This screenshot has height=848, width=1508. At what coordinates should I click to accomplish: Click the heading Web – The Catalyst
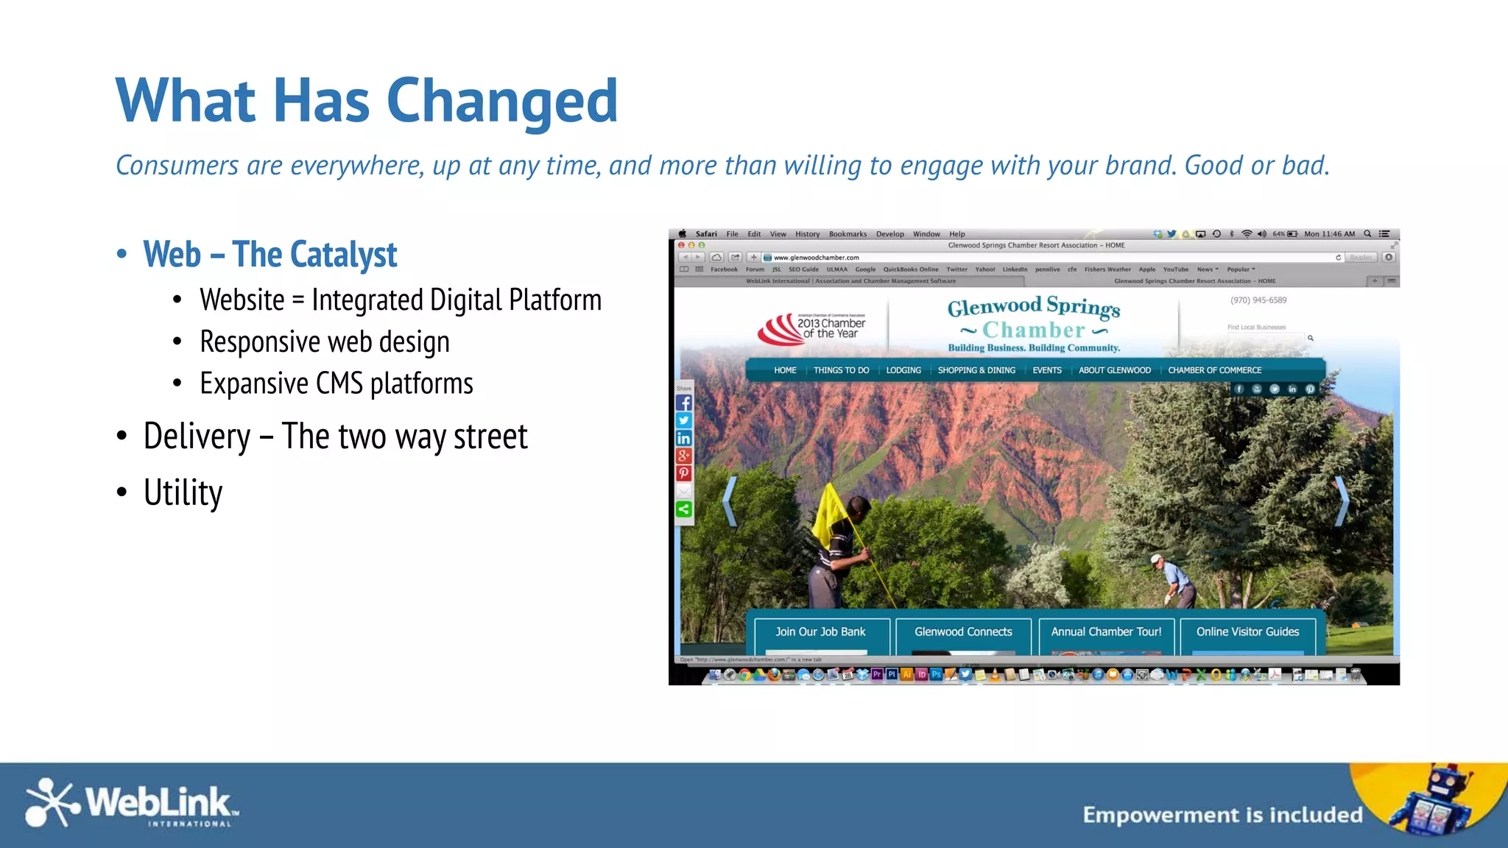pyautogui.click(x=269, y=255)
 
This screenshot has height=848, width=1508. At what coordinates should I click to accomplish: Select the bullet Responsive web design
pyautogui.click(x=324, y=342)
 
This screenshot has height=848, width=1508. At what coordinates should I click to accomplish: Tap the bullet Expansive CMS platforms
pyautogui.click(x=336, y=384)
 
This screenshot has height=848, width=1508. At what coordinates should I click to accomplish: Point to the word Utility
pyautogui.click(x=183, y=492)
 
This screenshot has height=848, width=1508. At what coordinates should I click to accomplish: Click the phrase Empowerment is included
pyautogui.click(x=1222, y=815)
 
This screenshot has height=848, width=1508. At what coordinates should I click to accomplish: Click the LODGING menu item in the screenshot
pyautogui.click(x=903, y=370)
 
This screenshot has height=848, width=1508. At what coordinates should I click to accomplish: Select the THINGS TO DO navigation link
pyautogui.click(x=841, y=370)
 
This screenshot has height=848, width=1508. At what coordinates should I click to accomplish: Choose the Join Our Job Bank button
pyautogui.click(x=820, y=632)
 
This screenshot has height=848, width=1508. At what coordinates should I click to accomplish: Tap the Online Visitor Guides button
pyautogui.click(x=1247, y=632)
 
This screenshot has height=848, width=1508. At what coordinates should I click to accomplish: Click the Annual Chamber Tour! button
pyautogui.click(x=1106, y=632)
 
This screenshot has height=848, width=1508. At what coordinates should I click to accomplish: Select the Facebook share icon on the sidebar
pyautogui.click(x=684, y=403)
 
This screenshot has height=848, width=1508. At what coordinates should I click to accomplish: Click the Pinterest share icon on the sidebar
pyautogui.click(x=684, y=473)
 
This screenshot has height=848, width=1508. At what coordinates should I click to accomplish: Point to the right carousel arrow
pyautogui.click(x=1342, y=501)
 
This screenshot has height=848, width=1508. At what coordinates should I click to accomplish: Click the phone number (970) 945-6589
pyautogui.click(x=1258, y=300)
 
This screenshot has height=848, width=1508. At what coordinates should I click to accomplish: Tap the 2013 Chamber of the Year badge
pyautogui.click(x=813, y=329)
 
